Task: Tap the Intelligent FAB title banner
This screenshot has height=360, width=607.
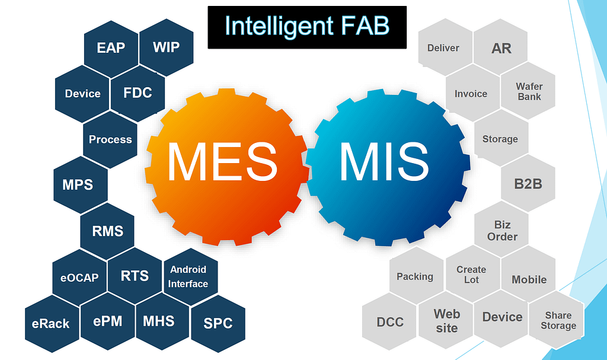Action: coord(307,27)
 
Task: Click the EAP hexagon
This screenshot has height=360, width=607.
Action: coord(111,47)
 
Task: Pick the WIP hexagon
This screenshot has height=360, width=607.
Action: coord(166,47)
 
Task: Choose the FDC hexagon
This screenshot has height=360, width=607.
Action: coord(138,93)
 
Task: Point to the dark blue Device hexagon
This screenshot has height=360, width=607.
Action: coord(82,94)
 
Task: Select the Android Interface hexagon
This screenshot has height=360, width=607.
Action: coord(189,276)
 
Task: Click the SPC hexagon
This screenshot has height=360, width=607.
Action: coord(218,324)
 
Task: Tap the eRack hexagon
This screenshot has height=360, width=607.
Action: coord(51,324)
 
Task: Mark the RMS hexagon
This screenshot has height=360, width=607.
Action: coord(107,230)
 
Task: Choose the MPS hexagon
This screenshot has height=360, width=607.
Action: coord(78,184)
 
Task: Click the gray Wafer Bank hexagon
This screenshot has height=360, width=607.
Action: coord(529,91)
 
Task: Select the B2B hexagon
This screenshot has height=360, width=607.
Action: coord(528,184)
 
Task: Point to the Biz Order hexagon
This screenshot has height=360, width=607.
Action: coord(501,231)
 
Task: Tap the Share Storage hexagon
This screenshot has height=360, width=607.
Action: coord(557,321)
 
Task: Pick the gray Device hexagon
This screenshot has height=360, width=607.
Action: coord(502,317)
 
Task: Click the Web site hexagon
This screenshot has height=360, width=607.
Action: coord(446,320)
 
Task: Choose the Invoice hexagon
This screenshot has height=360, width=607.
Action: coord(471,94)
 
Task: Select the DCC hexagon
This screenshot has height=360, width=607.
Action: coord(390,322)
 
